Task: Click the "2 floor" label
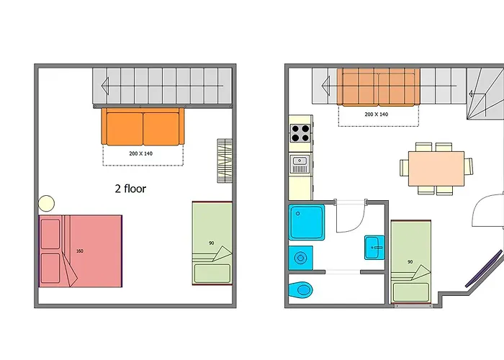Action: click(x=130, y=189)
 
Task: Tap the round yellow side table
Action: click(x=46, y=203)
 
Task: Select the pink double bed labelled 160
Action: click(x=81, y=251)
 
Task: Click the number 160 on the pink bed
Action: click(x=80, y=251)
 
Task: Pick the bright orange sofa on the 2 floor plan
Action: click(x=143, y=126)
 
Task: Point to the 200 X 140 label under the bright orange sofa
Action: click(x=141, y=153)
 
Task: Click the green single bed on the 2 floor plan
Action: click(x=212, y=243)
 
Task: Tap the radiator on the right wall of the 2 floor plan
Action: click(x=225, y=161)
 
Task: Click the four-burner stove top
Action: click(x=300, y=133)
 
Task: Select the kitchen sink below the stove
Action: click(x=300, y=164)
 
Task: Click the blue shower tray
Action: click(x=307, y=222)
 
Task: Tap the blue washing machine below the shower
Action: click(x=300, y=258)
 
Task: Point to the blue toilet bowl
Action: click(x=300, y=290)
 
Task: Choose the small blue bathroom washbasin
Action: click(x=374, y=247)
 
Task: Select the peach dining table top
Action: click(x=436, y=168)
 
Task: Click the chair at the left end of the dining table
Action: click(x=404, y=168)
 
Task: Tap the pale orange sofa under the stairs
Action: click(x=379, y=86)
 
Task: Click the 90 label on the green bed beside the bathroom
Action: click(x=410, y=262)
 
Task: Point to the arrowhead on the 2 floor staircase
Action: click(x=105, y=86)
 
